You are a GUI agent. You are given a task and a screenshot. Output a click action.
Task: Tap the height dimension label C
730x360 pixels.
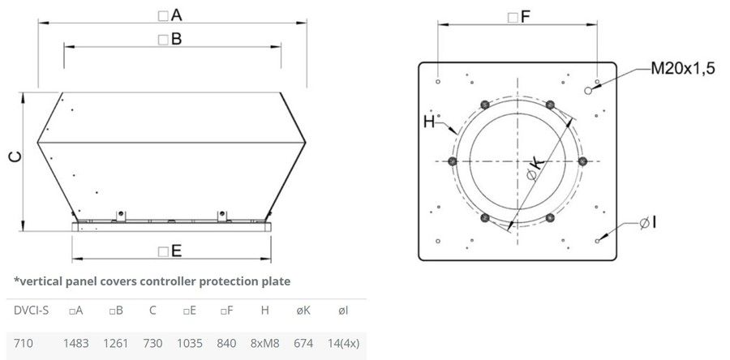click(x=15, y=157)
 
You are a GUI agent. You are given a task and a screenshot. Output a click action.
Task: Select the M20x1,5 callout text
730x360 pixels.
click(x=682, y=69)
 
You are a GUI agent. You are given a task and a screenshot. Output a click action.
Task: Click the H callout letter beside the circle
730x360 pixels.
click(x=429, y=122)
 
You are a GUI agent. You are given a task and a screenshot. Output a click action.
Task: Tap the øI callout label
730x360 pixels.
click(x=647, y=223)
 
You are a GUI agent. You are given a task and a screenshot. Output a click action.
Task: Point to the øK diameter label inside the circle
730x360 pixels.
click(x=535, y=169)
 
